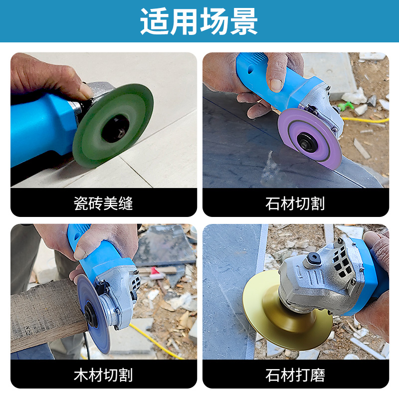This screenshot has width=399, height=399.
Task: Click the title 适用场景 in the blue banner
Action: (199, 21)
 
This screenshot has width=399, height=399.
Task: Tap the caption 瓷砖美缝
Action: (103, 203)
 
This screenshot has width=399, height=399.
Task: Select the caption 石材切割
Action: (295, 203)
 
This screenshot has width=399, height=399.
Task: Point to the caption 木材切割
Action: (103, 375)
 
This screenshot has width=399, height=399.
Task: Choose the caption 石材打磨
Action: (295, 375)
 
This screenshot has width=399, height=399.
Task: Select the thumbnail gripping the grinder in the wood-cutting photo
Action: (80, 253)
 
